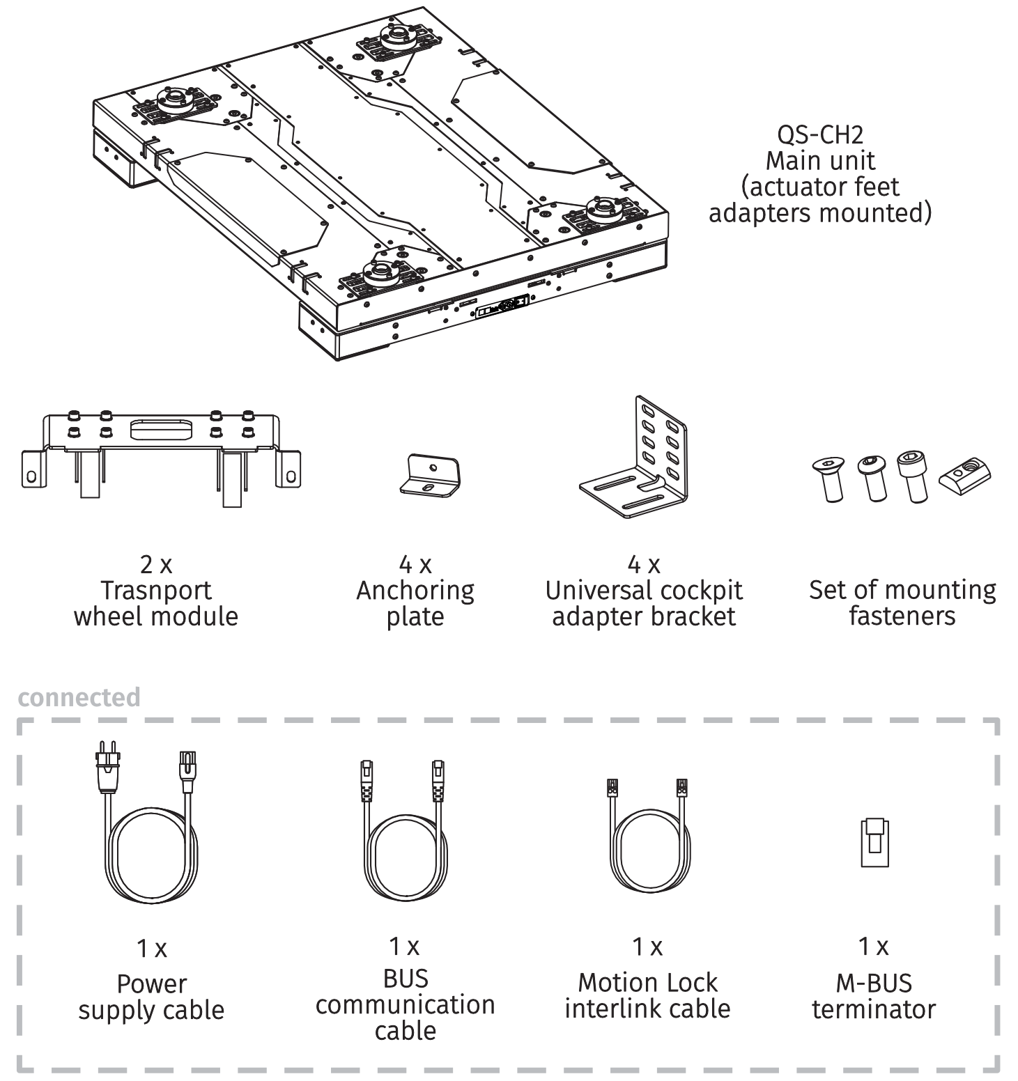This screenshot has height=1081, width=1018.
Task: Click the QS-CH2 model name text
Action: (820, 134)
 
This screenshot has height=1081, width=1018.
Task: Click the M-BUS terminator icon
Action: (874, 842)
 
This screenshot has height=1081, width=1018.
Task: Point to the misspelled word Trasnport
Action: (156, 590)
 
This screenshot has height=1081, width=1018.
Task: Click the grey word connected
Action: (79, 697)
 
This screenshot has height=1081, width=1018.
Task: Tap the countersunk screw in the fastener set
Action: (828, 478)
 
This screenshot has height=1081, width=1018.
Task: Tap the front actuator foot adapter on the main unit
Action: (380, 274)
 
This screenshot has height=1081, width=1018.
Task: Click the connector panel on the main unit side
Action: (502, 307)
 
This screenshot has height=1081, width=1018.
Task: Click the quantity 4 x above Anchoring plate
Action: (415, 564)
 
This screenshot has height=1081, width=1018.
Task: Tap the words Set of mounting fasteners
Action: (902, 603)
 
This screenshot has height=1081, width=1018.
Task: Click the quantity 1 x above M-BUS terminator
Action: (873, 947)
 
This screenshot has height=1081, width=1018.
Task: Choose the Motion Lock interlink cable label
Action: (647, 995)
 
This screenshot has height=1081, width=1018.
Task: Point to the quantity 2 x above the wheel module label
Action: (156, 564)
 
